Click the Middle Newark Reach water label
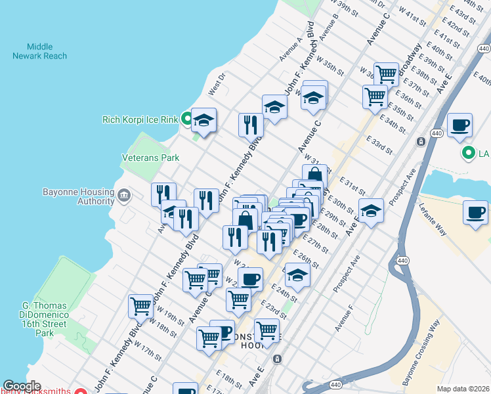click(39, 51)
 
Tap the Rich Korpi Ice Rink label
click(140, 120)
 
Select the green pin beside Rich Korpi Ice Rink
click(186, 120)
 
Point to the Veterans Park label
click(150, 158)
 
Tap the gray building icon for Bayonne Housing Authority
click(123, 196)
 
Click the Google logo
click(22, 386)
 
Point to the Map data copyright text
click(463, 389)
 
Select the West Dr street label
click(217, 82)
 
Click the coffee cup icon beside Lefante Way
click(475, 213)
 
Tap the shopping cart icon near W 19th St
click(141, 305)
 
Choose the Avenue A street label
click(290, 49)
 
